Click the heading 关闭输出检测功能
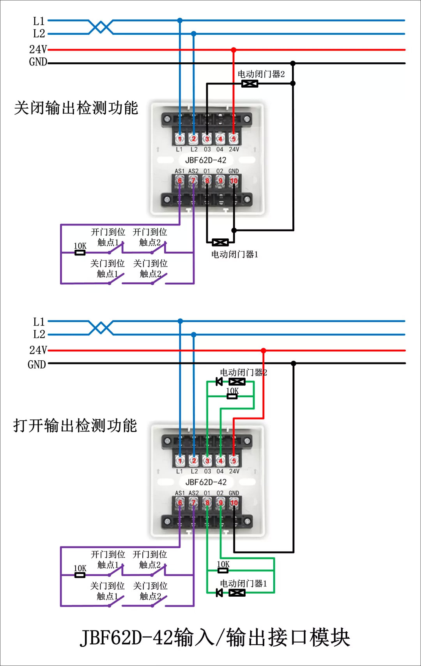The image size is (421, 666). pos(76,108)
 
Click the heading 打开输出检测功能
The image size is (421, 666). pos(75,425)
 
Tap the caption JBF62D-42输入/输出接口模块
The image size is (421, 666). pos(215,638)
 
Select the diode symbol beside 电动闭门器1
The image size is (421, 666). pos(219,593)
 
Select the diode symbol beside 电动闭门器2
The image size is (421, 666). pos(219,381)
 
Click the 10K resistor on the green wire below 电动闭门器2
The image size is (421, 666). pos(232,396)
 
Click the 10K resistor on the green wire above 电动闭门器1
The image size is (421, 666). pos(223,571)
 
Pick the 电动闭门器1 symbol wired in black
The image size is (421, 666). pos(220,243)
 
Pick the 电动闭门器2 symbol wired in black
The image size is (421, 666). pos(249,83)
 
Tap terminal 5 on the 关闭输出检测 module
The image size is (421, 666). pos(233,139)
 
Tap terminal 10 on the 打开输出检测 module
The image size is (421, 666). pos(234,503)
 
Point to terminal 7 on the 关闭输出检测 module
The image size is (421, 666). pos(193,181)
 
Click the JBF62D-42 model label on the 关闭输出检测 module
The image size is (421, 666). pos(205,160)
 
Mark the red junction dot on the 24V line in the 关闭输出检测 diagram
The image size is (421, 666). pos(233,50)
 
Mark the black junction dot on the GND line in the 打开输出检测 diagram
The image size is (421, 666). pos(294,363)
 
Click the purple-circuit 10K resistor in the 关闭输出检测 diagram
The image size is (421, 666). pos(80,252)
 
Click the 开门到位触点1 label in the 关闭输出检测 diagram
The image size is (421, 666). pos(108,237)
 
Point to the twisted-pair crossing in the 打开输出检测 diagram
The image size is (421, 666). pos(101,328)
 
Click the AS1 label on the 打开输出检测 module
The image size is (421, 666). pos(180,493)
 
